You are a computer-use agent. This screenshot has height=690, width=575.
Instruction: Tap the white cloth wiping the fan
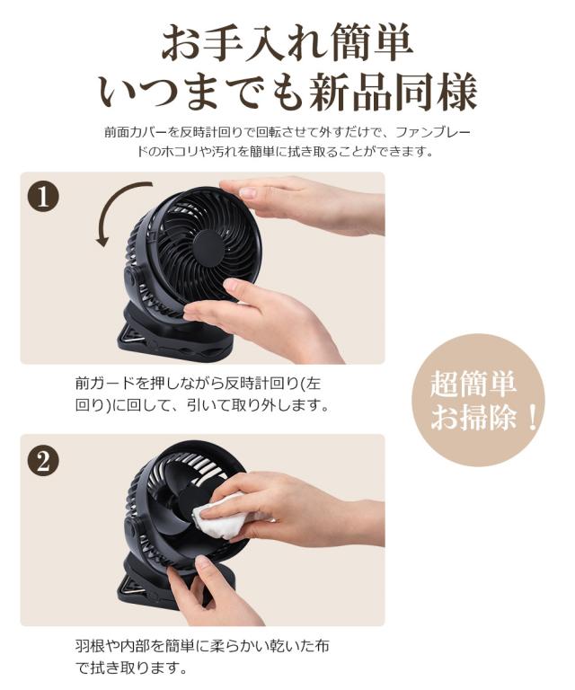[220, 517]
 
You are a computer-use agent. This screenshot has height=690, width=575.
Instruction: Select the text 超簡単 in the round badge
[473, 384]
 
